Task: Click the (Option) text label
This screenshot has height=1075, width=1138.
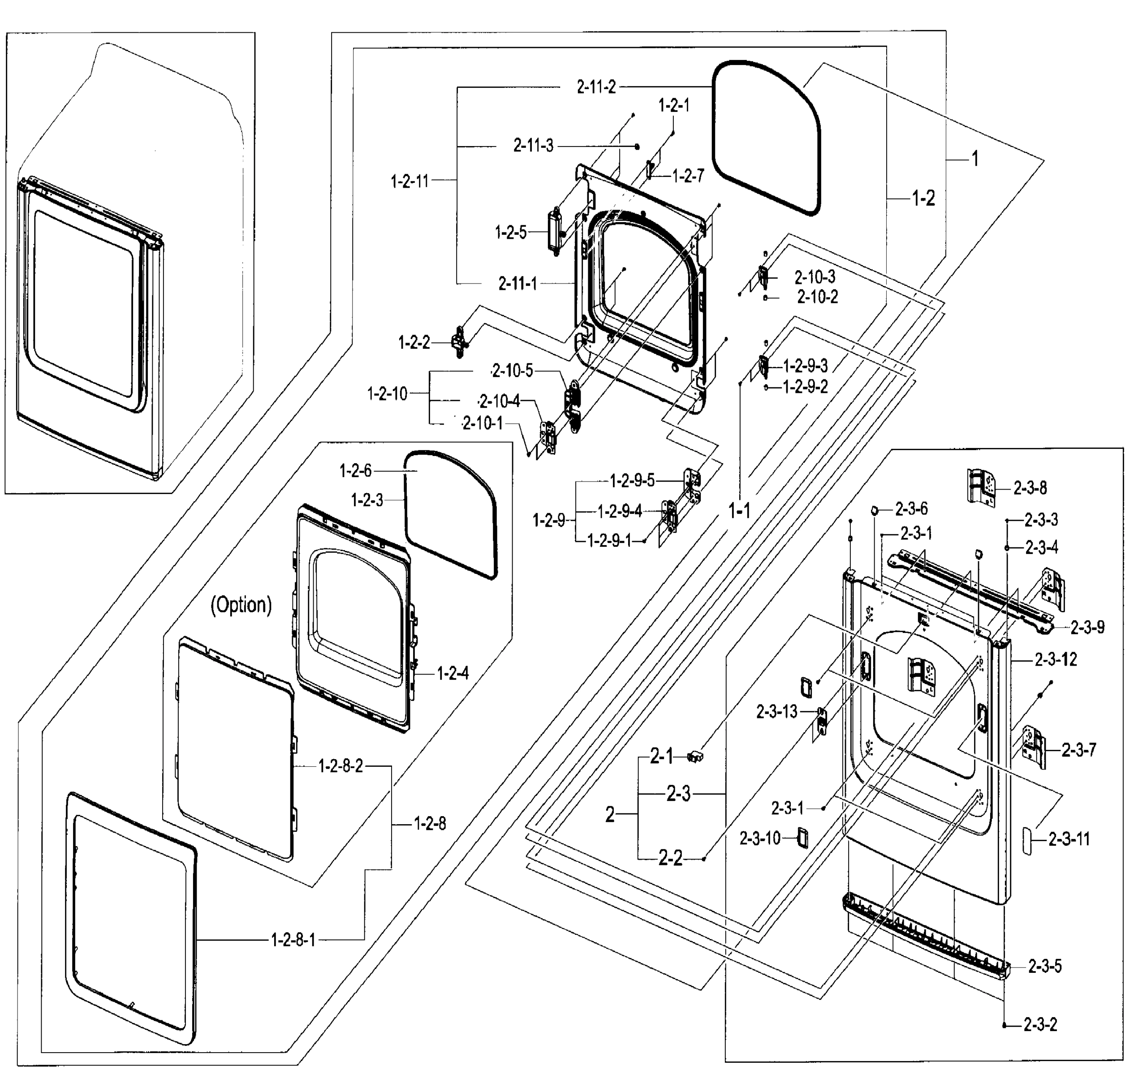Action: pyautogui.click(x=241, y=605)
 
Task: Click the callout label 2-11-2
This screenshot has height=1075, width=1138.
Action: pyautogui.click(x=596, y=87)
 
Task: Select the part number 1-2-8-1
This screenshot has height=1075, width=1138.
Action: pyautogui.click(x=293, y=940)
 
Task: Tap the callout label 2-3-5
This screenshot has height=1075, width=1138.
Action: pyautogui.click(x=1044, y=967)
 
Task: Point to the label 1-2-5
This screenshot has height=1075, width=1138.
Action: pyautogui.click(x=510, y=232)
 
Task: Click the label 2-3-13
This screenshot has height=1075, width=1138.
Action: pyautogui.click(x=777, y=712)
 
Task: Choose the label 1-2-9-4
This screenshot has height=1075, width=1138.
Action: pyautogui.click(x=620, y=512)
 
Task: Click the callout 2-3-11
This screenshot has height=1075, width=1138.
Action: pyautogui.click(x=1069, y=839)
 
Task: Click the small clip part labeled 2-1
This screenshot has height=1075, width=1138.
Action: pyautogui.click(x=695, y=757)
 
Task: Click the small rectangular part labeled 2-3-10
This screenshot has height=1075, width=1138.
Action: pyautogui.click(x=802, y=838)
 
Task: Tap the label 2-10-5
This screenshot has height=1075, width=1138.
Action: pyautogui.click(x=512, y=371)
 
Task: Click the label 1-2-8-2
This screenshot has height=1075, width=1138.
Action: pyautogui.click(x=341, y=766)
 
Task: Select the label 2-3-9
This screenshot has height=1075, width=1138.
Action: pyautogui.click(x=1087, y=628)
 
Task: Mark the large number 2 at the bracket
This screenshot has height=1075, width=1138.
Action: pyautogui.click(x=610, y=814)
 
